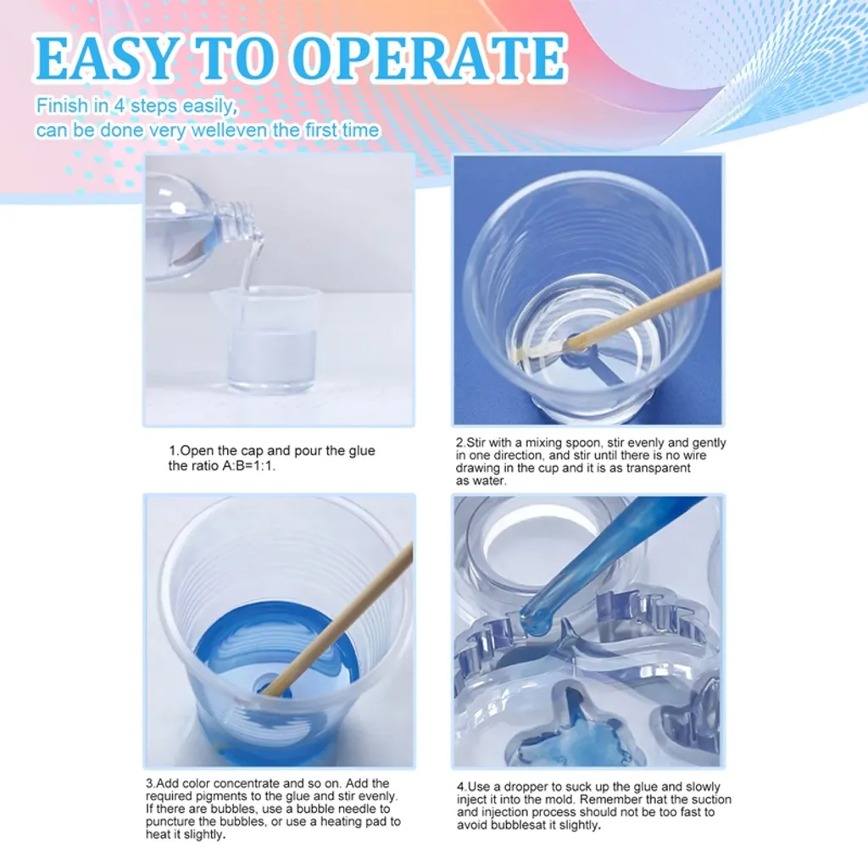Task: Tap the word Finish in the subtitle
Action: (62, 105)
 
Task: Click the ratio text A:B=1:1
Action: (248, 466)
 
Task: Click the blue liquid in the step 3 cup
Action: (277, 648)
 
